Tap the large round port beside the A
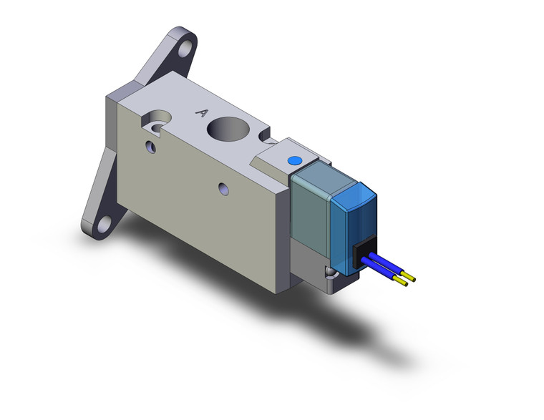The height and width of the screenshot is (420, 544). click(x=228, y=131)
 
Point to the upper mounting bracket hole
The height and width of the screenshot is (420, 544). click(x=187, y=47)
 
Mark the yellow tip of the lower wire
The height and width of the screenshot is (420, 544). click(x=404, y=283)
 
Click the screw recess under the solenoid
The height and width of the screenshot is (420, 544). click(x=329, y=275)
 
